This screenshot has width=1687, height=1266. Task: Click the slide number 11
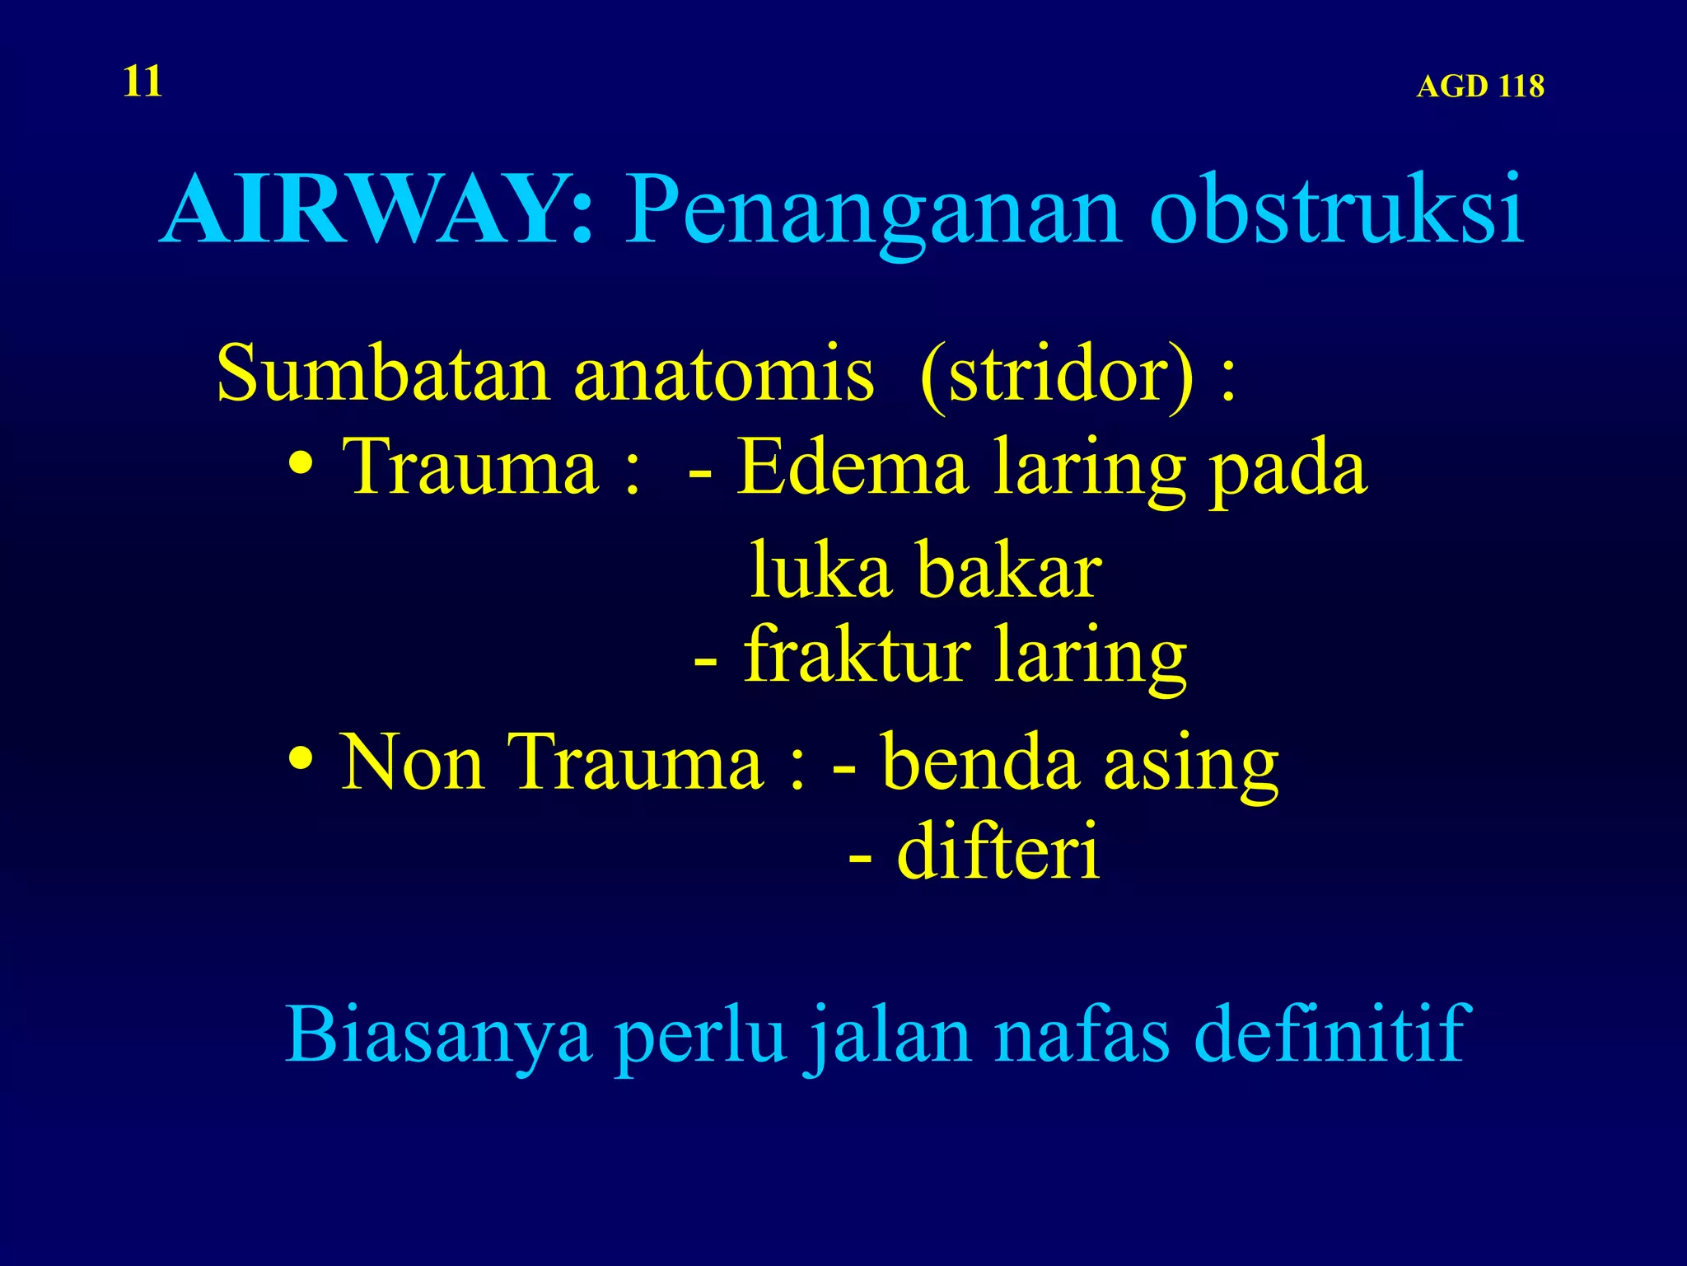[x=143, y=82]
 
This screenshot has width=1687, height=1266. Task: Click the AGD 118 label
[x=1479, y=87]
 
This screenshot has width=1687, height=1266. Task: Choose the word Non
[x=412, y=762]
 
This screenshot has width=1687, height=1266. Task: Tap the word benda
[x=980, y=762]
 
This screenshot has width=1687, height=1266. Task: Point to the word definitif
[x=1328, y=1034]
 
